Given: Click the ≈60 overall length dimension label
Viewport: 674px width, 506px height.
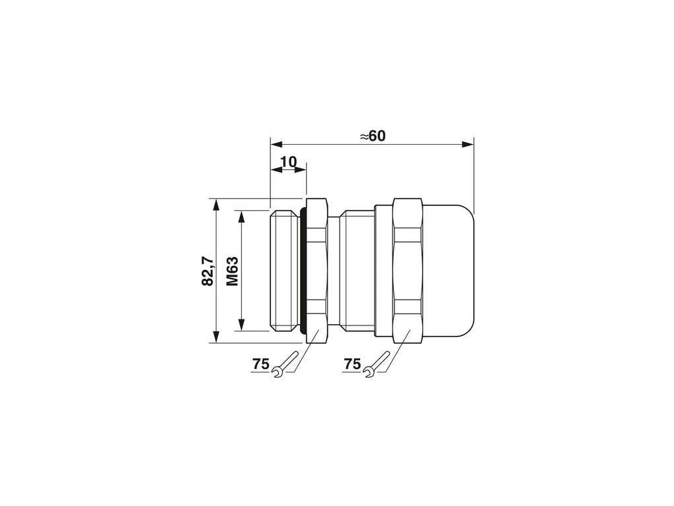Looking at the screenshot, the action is [373, 136].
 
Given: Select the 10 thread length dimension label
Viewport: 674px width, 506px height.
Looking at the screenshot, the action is [288, 162].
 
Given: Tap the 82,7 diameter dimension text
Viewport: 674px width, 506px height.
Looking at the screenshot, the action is [207, 271].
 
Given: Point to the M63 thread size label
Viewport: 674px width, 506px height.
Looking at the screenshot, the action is [232, 271].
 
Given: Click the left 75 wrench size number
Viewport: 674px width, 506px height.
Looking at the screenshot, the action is [260, 364].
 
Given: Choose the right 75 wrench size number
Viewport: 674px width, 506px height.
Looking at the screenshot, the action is [352, 364].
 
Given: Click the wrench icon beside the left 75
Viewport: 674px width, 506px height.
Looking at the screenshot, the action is [285, 365].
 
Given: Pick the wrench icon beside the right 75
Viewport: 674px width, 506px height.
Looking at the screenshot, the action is [377, 365].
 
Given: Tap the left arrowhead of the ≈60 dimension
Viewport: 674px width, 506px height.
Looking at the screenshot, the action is [276, 144].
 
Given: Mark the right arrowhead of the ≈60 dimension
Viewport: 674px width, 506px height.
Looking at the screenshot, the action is [468, 144].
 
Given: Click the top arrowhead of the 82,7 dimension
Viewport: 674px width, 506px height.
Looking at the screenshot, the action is [216, 205].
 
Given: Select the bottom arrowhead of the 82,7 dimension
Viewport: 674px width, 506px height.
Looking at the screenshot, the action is [216, 337].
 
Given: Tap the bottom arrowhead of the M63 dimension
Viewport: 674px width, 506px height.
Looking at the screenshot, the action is [241, 325].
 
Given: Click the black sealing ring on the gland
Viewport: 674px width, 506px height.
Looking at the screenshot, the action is [303, 271].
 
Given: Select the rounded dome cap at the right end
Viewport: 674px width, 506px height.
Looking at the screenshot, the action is [449, 271].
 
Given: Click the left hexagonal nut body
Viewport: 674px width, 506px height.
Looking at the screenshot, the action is [317, 271].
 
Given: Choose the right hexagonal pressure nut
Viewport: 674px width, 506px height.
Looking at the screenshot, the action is [408, 271].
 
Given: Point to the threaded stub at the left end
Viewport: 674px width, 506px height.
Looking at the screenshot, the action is [285, 271].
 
